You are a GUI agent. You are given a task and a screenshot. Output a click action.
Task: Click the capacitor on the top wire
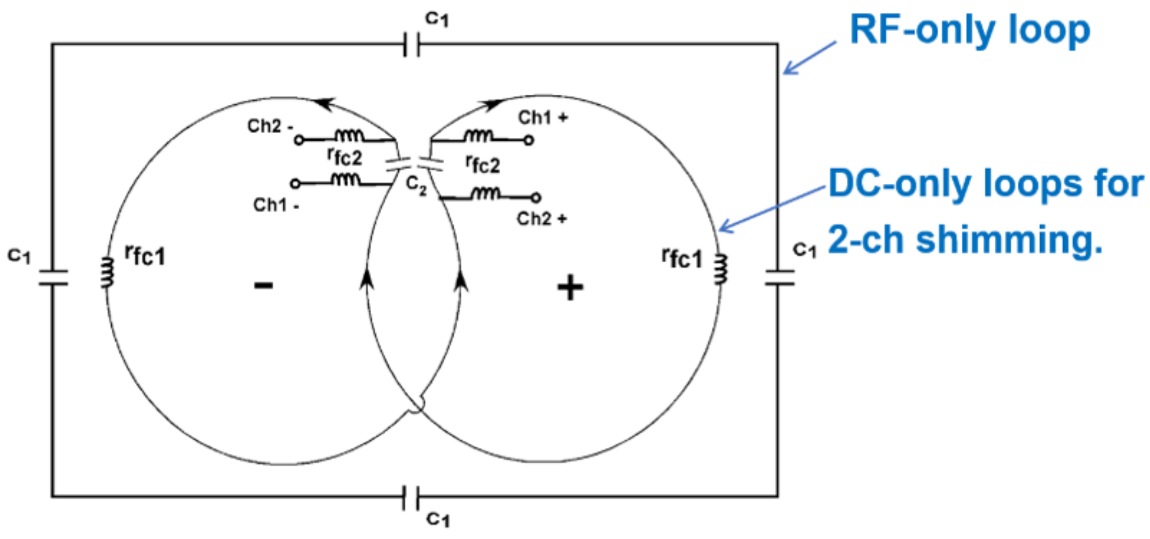click(411, 45)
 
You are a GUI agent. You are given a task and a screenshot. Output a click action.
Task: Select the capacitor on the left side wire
click(53, 278)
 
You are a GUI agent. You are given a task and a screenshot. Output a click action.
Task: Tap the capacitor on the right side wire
click(779, 278)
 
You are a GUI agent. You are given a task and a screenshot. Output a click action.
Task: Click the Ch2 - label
click(270, 126)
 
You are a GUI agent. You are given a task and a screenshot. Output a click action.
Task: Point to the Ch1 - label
click(276, 205)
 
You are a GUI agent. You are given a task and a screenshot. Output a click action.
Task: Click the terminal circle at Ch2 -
click(299, 140)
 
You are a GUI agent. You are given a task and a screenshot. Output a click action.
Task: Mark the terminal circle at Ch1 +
click(529, 140)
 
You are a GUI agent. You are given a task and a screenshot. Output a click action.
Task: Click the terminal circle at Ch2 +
click(536, 198)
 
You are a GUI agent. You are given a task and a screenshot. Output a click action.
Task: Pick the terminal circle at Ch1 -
click(295, 184)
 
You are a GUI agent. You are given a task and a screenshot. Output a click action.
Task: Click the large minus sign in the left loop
click(264, 286)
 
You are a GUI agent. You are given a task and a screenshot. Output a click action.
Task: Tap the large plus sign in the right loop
click(570, 288)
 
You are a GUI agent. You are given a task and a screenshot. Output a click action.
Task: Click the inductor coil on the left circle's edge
click(107, 272)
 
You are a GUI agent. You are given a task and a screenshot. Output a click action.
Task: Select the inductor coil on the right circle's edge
click(720, 270)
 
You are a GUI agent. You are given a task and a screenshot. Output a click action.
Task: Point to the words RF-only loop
click(970, 30)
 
